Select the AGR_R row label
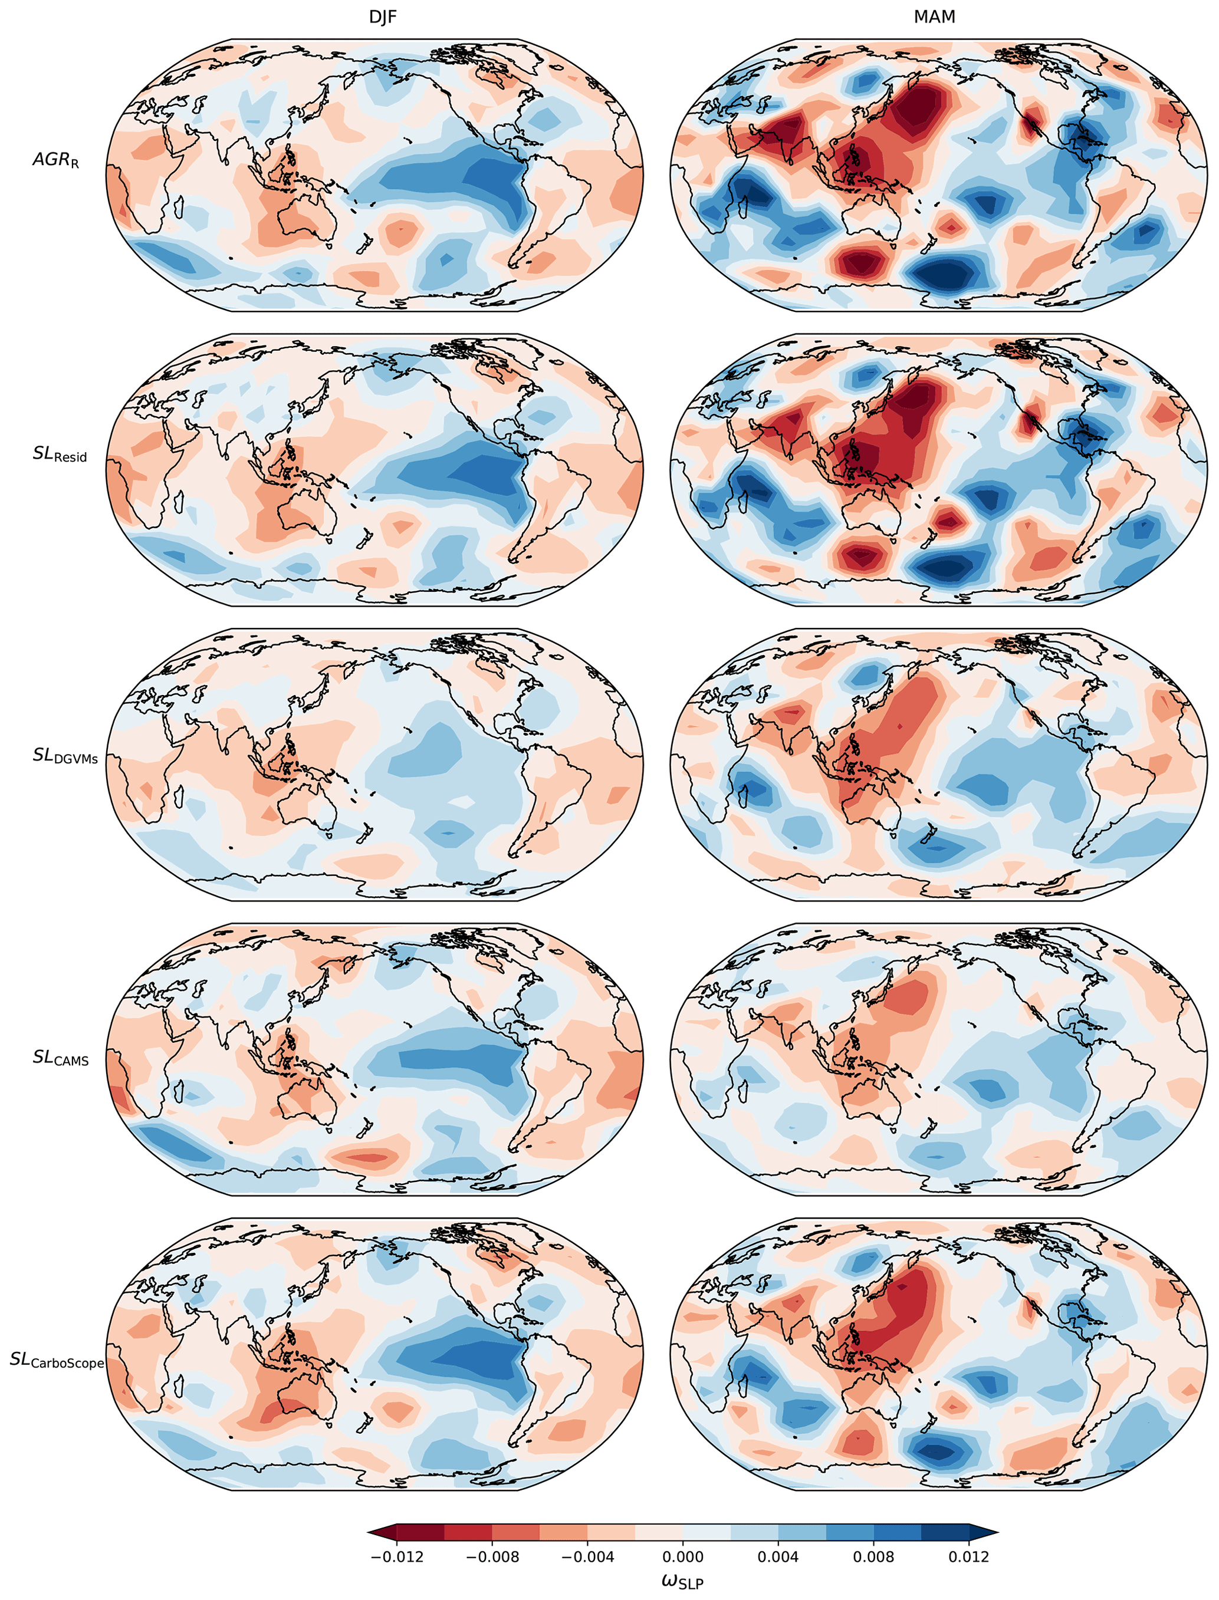coord(56,160)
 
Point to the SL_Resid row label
coord(60,454)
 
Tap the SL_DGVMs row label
coord(65,756)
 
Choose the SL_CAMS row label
coord(60,1058)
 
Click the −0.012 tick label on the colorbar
coord(396,1556)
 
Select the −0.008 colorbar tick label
coord(492,1556)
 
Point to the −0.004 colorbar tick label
coord(588,1556)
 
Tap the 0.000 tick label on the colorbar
coord(683,1556)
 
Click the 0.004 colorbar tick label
coord(778,1556)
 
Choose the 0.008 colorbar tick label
coord(873,1556)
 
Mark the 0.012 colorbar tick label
coord(969,1556)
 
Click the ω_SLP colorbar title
coord(682,1582)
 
